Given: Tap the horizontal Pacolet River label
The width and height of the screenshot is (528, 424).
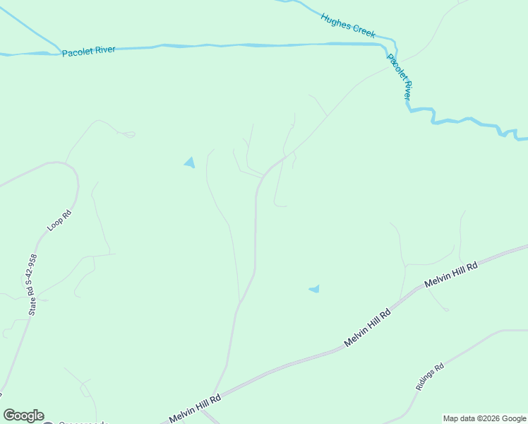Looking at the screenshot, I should point(88,52).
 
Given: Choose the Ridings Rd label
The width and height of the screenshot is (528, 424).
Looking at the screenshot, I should point(429,377).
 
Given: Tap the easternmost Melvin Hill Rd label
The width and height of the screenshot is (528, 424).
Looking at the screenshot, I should point(451,274).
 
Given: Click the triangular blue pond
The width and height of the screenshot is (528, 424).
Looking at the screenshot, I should point(189,163).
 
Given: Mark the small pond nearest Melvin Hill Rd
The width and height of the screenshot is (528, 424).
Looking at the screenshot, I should point(314,288).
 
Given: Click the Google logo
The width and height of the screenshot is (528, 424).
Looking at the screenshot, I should point(23,416).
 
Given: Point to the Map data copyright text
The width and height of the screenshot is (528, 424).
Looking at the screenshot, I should point(484,418).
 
